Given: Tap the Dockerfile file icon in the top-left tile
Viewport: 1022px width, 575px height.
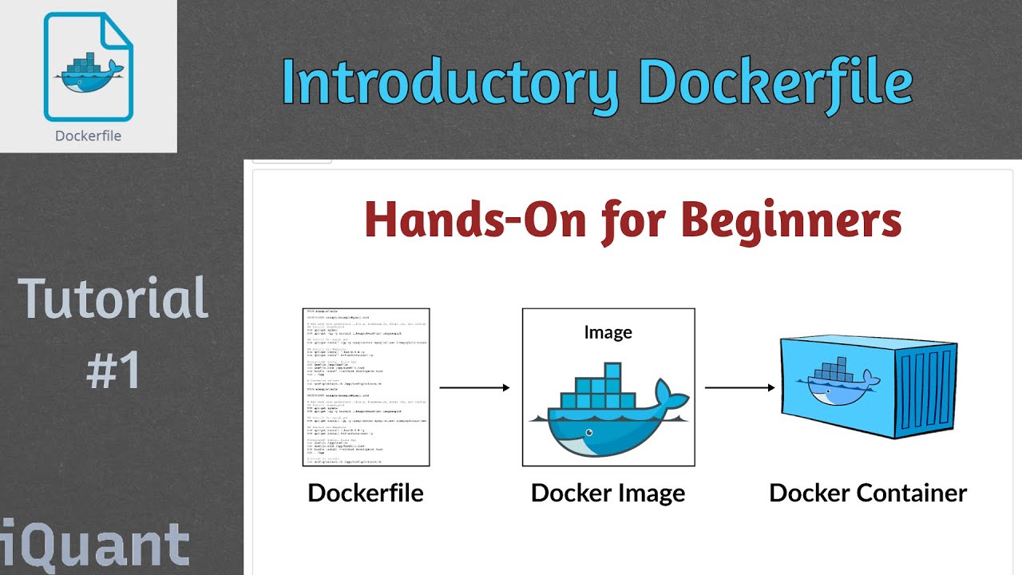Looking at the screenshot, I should tap(88, 67).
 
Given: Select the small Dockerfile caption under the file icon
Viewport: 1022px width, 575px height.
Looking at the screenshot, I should tap(88, 136).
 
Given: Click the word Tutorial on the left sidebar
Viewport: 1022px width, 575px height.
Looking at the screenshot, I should tap(113, 298).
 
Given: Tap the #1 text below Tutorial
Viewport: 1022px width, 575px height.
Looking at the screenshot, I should tap(113, 370).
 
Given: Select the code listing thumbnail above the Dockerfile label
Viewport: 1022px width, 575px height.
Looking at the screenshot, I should tap(366, 387).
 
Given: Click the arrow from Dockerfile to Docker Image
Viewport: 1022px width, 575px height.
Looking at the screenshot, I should tap(474, 388).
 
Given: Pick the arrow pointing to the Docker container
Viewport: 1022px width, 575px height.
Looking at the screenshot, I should tap(739, 388).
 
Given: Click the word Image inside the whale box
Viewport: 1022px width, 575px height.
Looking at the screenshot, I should tap(608, 332).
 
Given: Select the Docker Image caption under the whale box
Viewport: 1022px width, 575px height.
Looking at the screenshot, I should tap(608, 493).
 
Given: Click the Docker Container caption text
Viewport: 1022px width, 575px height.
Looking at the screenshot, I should tap(868, 493).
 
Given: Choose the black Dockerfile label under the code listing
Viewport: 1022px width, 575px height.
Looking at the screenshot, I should tap(366, 493).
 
